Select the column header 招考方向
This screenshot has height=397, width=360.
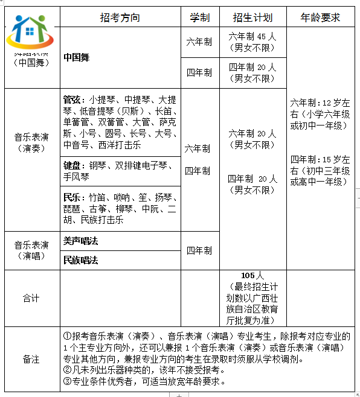click(x=120, y=17)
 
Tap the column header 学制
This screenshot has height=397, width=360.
click(x=199, y=17)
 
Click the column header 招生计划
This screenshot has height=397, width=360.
click(x=252, y=17)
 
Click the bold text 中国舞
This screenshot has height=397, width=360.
click(x=77, y=58)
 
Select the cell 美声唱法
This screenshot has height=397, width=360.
click(x=80, y=241)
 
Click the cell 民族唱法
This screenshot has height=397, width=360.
click(x=80, y=260)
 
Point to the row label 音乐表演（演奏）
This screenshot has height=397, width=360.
click(x=32, y=142)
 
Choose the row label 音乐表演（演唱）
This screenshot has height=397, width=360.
click(x=32, y=250)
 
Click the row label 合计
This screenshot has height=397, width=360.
click(x=31, y=298)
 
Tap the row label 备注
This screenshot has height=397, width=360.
click(x=31, y=359)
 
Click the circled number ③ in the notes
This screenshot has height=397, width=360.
click(x=68, y=381)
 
